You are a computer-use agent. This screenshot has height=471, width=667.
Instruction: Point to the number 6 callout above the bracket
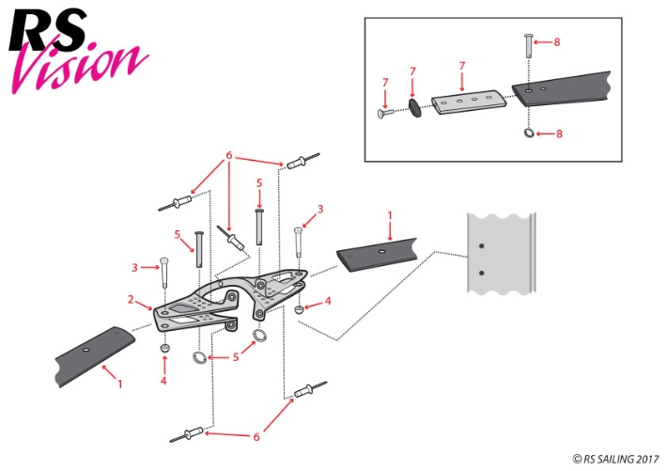point(228,154)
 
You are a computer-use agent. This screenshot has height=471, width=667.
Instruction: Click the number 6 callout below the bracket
point(256,436)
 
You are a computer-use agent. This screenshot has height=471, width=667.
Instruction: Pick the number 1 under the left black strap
point(119,384)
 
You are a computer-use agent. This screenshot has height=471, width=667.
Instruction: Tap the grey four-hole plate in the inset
point(470,100)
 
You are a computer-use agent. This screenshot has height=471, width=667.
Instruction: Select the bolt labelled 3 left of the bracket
point(163,275)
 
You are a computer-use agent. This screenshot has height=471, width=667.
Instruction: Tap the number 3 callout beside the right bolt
point(319,209)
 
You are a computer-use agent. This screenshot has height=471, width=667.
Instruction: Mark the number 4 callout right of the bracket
point(328,301)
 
